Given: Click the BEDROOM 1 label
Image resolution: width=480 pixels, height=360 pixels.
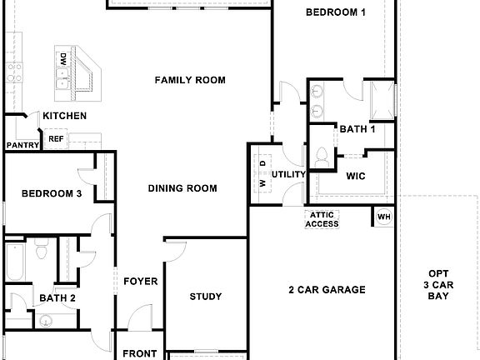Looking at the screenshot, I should [335, 12].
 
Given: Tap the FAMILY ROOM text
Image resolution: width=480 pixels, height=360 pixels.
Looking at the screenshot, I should [190, 80].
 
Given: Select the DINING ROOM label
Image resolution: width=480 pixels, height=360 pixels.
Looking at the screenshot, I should [182, 188].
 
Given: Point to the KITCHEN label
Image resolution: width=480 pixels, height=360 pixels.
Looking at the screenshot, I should [65, 116].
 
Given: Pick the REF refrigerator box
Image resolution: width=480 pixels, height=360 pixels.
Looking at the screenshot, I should [56, 139].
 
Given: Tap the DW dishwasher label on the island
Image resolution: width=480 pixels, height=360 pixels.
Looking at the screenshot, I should [62, 59].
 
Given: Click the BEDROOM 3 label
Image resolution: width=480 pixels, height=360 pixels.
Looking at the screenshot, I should [52, 193].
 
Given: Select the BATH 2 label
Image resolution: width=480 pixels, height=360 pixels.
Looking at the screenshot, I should [57, 297].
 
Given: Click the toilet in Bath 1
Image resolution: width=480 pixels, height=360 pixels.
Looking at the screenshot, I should [322, 155].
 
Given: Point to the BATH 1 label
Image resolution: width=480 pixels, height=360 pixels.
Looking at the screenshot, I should [357, 129].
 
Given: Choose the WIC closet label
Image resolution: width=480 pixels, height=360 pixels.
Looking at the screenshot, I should [357, 176].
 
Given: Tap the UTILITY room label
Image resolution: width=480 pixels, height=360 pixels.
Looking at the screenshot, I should [288, 174].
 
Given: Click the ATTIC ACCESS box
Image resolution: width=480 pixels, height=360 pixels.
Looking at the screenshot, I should [322, 219].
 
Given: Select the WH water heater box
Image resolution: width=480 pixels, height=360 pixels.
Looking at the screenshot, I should [383, 217].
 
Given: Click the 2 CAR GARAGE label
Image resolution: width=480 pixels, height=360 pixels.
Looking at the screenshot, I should [327, 290].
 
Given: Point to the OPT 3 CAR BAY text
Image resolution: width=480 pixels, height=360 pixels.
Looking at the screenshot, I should [438, 284].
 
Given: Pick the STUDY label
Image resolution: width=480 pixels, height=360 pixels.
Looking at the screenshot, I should [205, 297].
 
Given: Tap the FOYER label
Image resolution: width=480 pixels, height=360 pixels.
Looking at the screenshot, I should [141, 282].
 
